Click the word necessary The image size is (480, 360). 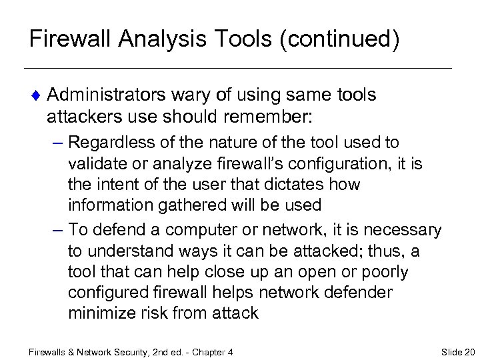[403, 231]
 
